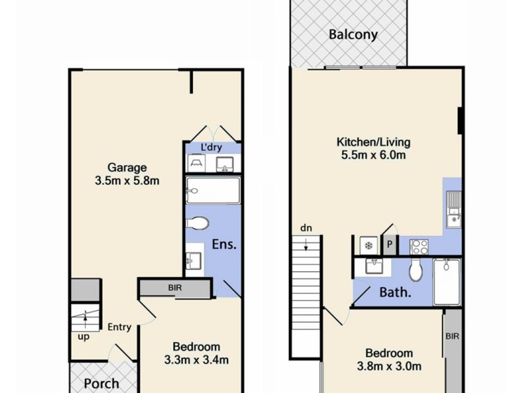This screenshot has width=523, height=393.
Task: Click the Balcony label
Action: click(353, 35)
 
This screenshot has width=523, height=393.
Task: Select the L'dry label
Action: click(212, 147)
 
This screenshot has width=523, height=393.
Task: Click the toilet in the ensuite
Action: click(198, 222)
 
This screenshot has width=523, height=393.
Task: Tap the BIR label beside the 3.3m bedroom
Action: click(175, 288)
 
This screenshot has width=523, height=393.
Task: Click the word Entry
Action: click(120, 327)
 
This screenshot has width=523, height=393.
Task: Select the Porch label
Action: click(102, 383)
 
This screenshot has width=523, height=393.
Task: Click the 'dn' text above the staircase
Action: click(306, 228)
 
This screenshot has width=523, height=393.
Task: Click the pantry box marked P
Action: click(390, 245)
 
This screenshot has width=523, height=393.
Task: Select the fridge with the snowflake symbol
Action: click(368, 245)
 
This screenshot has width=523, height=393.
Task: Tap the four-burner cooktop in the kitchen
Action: click(418, 246)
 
